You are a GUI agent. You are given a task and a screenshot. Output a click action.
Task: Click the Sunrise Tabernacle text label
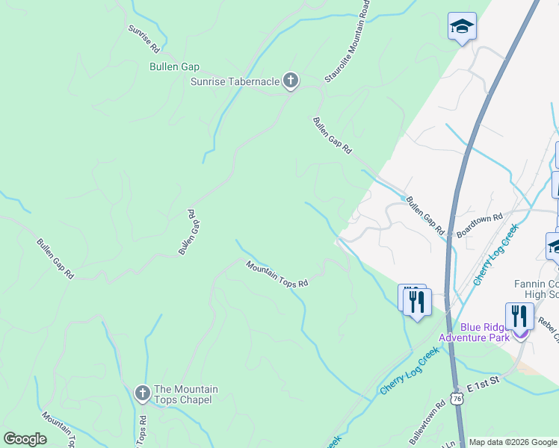(235, 81)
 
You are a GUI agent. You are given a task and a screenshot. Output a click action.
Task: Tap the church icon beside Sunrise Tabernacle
(291, 81)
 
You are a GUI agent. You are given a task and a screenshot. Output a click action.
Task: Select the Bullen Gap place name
(174, 66)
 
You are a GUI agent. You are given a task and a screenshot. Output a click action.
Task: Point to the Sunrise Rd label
(143, 39)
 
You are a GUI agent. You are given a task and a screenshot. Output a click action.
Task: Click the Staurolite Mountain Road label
(348, 41)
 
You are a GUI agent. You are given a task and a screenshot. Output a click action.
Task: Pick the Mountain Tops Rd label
(277, 273)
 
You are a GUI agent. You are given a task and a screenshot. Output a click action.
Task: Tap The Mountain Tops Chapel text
(185, 394)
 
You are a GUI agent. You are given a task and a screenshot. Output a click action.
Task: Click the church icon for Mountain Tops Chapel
(142, 392)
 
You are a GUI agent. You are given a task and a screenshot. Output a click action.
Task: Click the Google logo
(25, 439)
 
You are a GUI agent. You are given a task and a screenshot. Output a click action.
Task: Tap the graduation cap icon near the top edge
(463, 27)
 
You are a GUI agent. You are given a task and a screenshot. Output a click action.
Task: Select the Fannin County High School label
(536, 289)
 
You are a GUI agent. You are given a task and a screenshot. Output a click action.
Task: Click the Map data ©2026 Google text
(513, 442)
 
